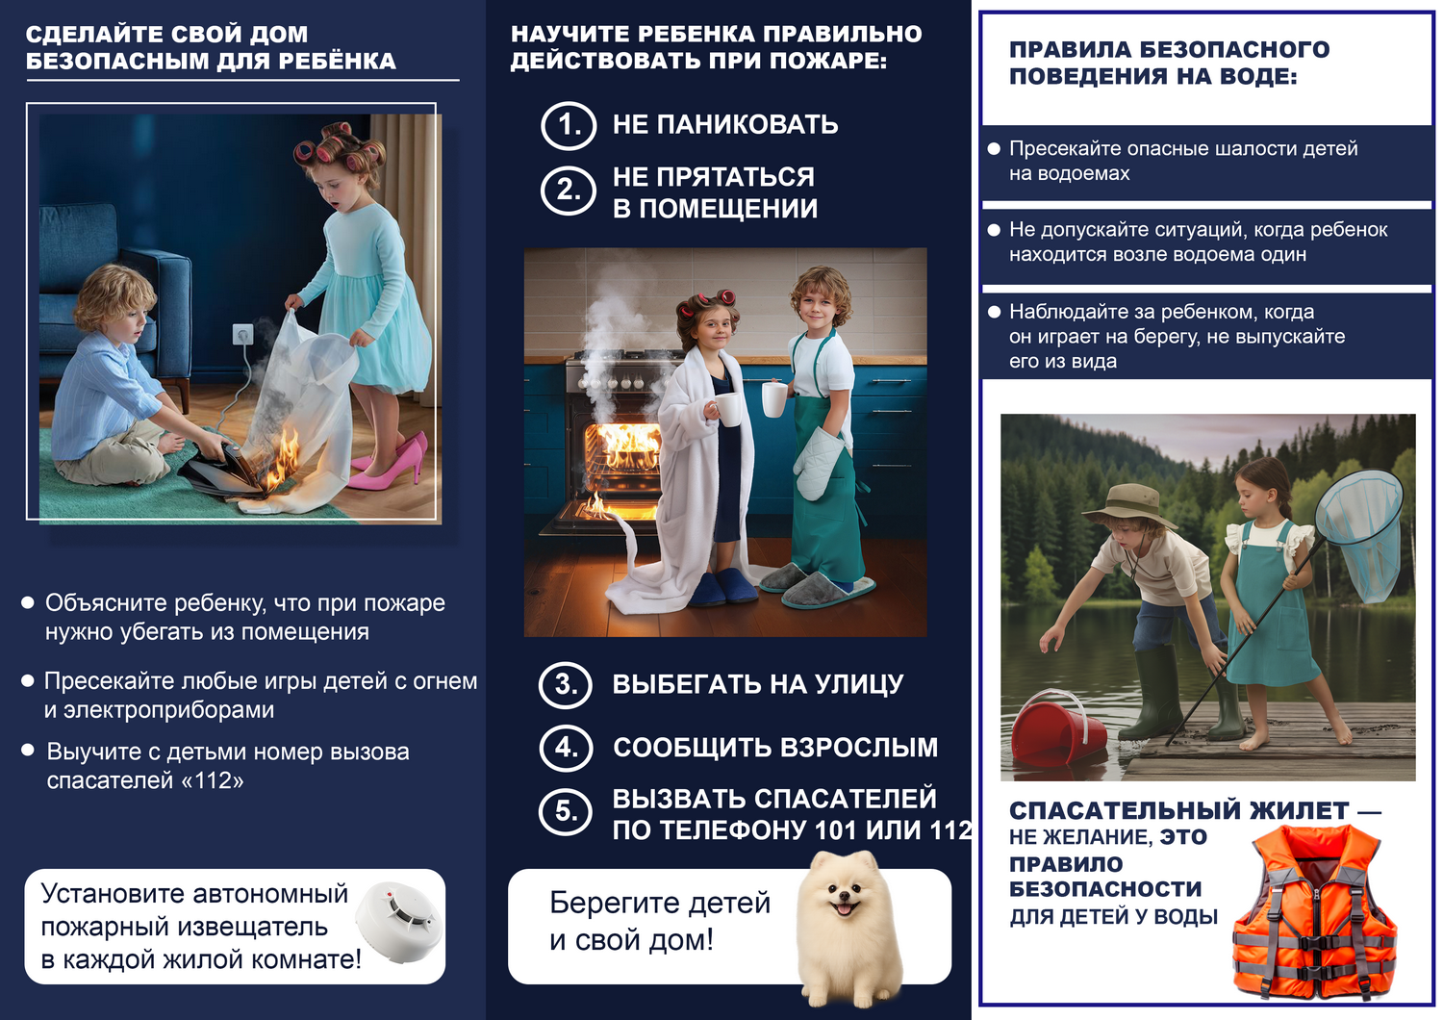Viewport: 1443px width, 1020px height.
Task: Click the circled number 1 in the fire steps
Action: click(x=569, y=125)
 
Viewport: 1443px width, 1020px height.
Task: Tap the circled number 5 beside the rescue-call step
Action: click(x=566, y=811)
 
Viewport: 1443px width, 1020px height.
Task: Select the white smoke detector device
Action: click(x=397, y=922)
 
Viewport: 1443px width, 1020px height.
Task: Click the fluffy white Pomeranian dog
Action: click(x=847, y=929)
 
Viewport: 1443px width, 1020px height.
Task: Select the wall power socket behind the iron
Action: click(x=242, y=335)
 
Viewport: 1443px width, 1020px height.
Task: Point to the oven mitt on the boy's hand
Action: click(x=820, y=462)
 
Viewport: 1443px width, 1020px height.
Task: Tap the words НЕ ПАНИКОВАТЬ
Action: click(x=725, y=125)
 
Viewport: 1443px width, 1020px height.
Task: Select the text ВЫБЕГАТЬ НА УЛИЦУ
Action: click(x=758, y=684)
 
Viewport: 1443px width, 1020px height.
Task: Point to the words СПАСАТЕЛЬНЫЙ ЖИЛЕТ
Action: click(x=1178, y=811)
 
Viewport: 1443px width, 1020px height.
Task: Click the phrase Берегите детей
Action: click(x=660, y=903)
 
